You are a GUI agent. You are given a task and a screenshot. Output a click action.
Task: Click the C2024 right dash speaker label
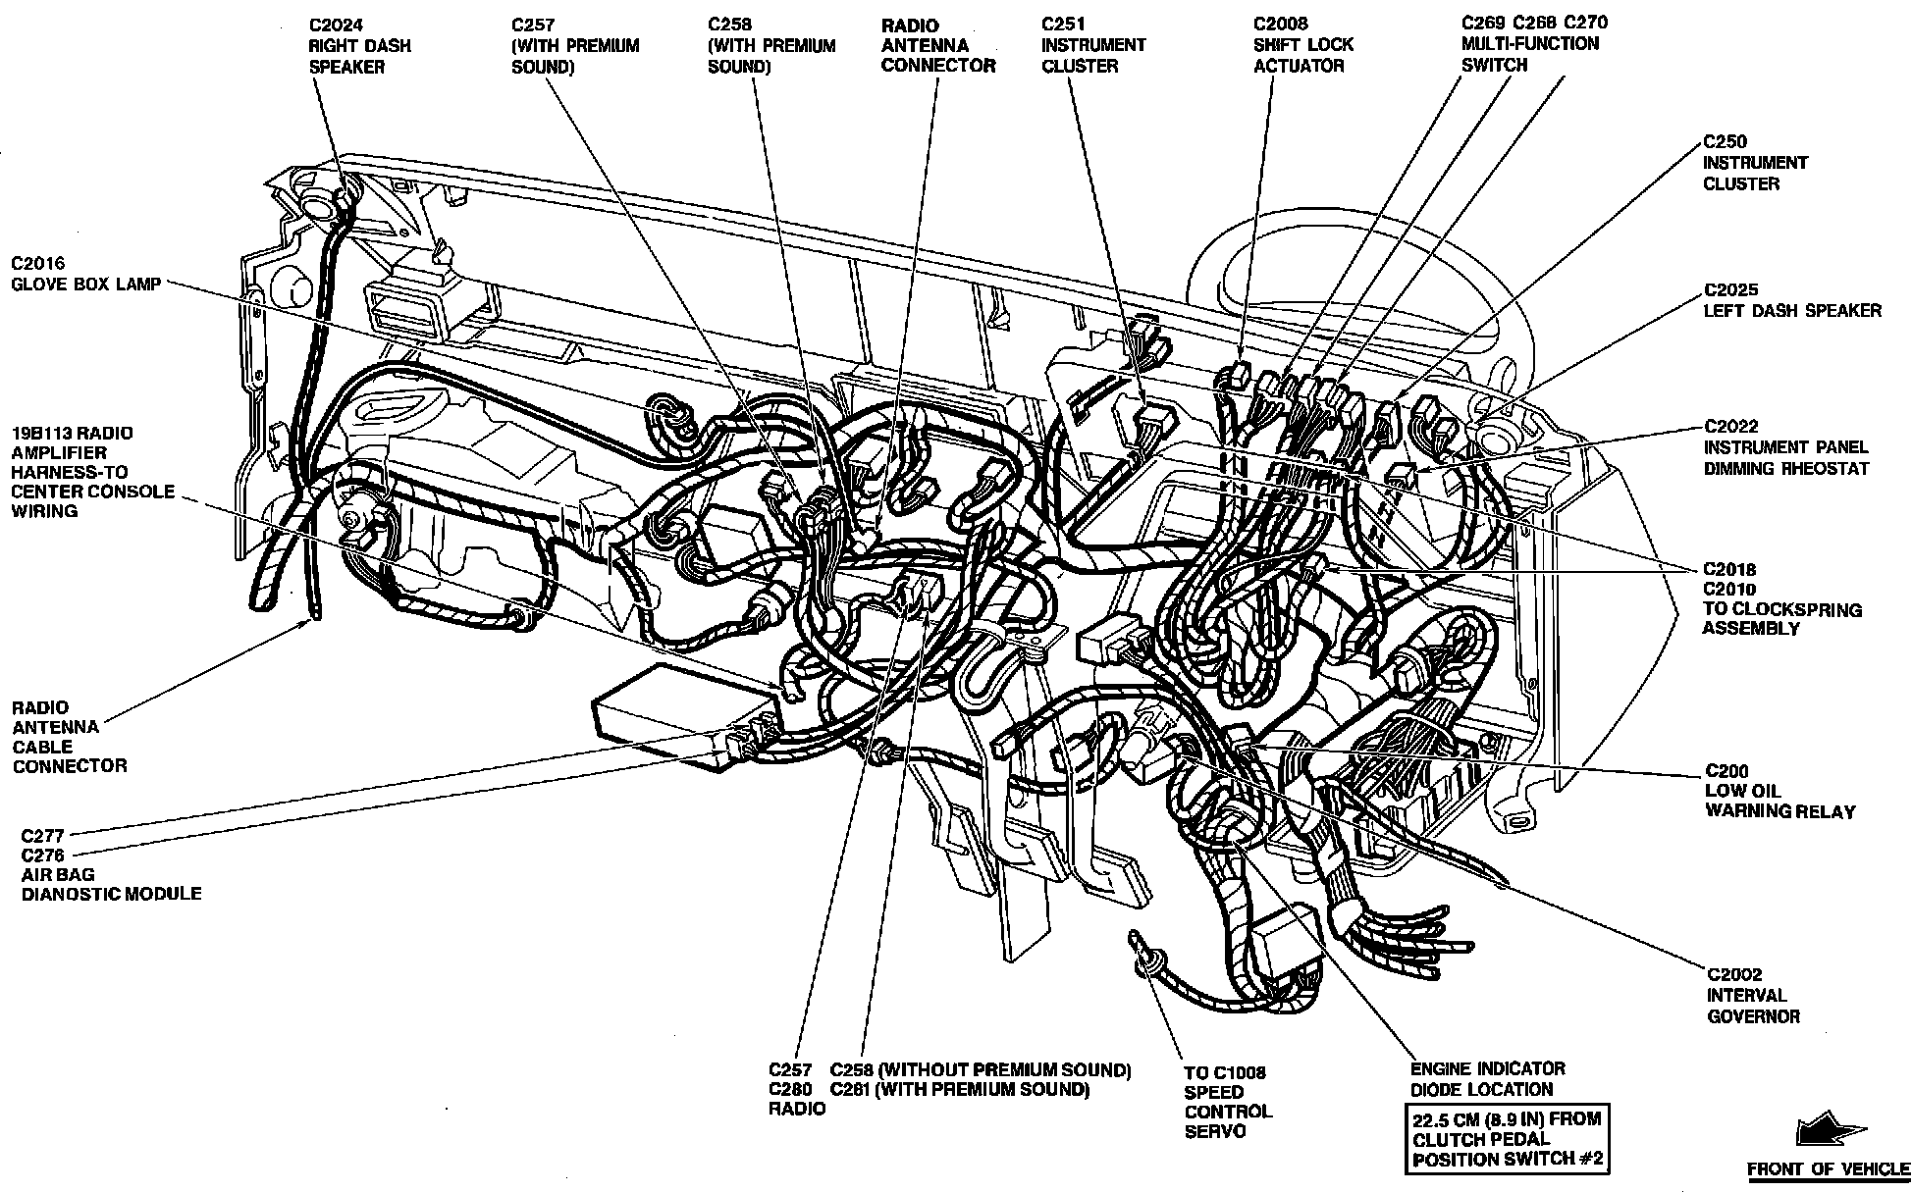click(x=360, y=45)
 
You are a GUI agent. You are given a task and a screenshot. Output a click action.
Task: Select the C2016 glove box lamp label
click(x=85, y=274)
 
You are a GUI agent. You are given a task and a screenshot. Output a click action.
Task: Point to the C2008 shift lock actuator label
click(x=1302, y=44)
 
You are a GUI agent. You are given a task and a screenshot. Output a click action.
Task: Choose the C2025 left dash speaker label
click(x=1792, y=299)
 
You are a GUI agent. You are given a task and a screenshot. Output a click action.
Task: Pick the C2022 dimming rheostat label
click(x=1785, y=447)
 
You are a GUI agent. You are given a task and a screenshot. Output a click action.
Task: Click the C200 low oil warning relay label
click(x=1779, y=791)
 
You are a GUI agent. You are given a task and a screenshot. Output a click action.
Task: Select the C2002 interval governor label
click(x=1753, y=995)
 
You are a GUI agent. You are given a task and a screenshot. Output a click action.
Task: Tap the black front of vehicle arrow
click(x=1822, y=1132)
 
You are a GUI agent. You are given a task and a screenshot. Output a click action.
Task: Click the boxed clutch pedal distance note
click(x=1507, y=1138)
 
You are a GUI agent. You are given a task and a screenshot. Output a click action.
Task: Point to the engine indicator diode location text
click(x=1488, y=1078)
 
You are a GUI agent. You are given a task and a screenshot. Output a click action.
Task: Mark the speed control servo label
click(x=1228, y=1101)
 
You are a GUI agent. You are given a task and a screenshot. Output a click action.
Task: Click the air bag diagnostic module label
click(x=111, y=864)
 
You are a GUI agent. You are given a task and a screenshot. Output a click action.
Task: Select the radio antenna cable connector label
click(x=69, y=736)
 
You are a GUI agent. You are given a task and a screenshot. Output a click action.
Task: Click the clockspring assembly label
click(x=1781, y=598)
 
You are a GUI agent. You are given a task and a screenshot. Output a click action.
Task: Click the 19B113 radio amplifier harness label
click(x=91, y=471)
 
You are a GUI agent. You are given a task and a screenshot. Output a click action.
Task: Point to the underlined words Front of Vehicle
click(x=1828, y=1168)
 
